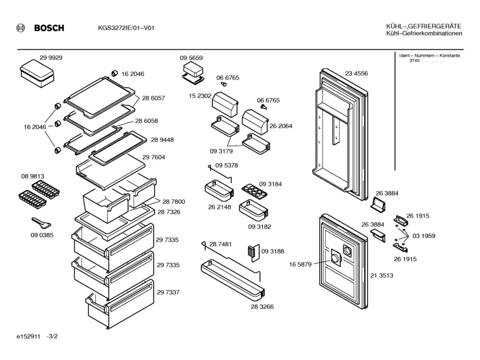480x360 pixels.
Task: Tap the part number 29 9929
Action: pos(51,58)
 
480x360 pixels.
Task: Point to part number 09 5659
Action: pos(192,58)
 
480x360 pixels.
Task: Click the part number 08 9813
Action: pos(33,176)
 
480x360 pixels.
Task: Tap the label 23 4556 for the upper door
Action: pos(356,73)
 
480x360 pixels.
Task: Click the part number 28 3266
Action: pos(262,306)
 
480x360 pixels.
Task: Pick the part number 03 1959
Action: pos(424,235)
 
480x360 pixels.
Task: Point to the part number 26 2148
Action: pos(219,207)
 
